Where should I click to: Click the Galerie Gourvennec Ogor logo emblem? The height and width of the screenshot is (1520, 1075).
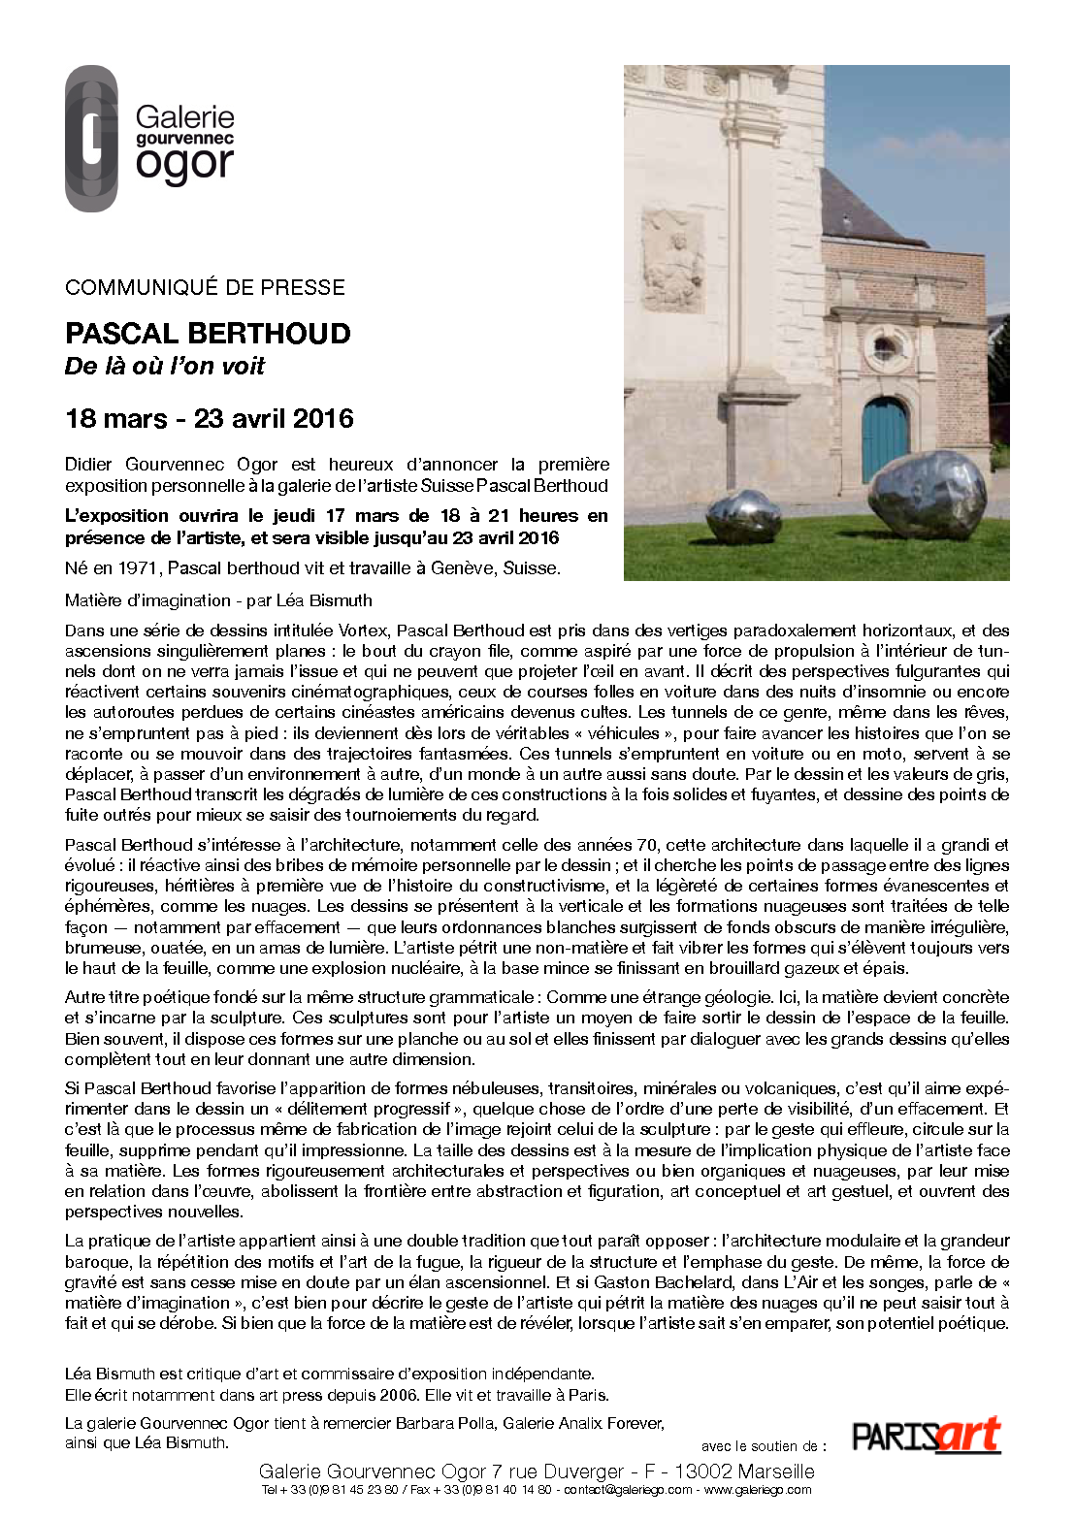(x=91, y=139)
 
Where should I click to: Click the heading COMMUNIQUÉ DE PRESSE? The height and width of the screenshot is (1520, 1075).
(x=205, y=287)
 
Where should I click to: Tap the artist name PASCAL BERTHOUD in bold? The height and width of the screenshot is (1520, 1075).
(x=208, y=334)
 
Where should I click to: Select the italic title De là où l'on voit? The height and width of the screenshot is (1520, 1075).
(x=165, y=367)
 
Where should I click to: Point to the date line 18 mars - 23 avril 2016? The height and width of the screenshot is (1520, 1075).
(x=210, y=419)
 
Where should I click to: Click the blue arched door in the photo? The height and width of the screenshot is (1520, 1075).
(x=885, y=441)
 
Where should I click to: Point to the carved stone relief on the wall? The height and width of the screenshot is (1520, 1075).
(x=672, y=260)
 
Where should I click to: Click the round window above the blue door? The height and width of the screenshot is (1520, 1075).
(x=886, y=347)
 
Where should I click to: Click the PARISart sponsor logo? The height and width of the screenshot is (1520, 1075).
(x=926, y=1436)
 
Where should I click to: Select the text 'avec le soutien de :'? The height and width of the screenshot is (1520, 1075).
(x=764, y=1446)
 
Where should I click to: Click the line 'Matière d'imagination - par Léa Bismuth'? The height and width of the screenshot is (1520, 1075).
(x=218, y=600)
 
